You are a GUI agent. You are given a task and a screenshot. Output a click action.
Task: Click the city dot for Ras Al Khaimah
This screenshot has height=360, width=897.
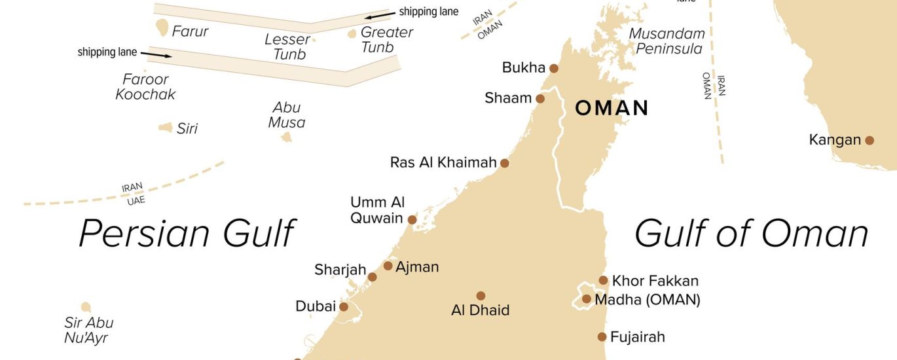[x=505, y=163]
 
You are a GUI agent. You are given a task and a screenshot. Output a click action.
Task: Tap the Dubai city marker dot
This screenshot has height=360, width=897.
[x=343, y=306]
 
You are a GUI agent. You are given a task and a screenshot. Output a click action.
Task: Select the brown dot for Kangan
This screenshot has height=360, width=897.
[x=870, y=140]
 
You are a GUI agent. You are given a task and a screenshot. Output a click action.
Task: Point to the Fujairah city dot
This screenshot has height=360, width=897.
[x=602, y=337]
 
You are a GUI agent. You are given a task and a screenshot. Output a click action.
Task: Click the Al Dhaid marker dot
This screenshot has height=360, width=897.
[x=481, y=296]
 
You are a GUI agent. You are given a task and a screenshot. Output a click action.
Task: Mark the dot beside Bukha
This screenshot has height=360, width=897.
[x=554, y=68]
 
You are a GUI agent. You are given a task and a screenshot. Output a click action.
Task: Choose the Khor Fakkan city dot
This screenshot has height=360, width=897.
[x=603, y=281]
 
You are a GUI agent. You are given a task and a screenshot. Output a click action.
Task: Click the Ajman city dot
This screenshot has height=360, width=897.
[x=388, y=266]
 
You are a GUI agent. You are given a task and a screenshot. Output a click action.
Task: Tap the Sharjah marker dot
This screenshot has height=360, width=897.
[x=372, y=277]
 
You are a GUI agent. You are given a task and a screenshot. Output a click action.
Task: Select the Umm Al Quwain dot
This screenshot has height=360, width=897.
[x=412, y=220]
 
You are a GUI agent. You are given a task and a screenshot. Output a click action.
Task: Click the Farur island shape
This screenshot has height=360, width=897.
[x=162, y=27]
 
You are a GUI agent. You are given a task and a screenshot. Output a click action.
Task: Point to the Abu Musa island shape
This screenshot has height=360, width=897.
[x=286, y=137]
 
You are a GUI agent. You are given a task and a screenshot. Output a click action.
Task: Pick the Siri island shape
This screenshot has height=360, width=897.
[x=166, y=128]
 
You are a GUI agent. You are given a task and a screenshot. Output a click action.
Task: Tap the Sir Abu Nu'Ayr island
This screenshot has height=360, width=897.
[x=86, y=307]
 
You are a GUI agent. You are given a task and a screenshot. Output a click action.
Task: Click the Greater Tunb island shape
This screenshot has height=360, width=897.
[x=352, y=33]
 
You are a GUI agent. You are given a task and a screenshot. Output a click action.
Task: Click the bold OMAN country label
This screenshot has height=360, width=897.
[x=612, y=108]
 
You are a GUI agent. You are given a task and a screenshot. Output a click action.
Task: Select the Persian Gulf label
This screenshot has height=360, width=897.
[x=187, y=234]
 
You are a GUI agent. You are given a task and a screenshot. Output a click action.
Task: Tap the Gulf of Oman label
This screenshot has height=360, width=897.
[x=751, y=234]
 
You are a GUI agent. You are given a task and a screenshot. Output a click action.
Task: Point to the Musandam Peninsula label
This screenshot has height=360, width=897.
[x=667, y=41]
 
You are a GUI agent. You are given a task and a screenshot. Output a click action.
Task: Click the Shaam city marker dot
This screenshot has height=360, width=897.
[x=540, y=99]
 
